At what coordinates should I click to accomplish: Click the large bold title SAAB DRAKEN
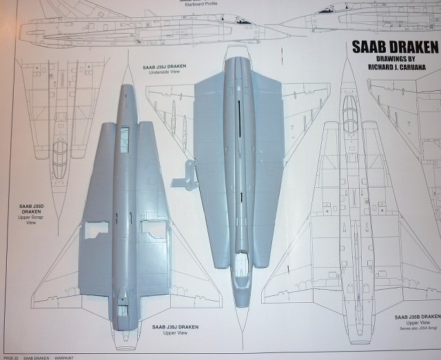(395, 49)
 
